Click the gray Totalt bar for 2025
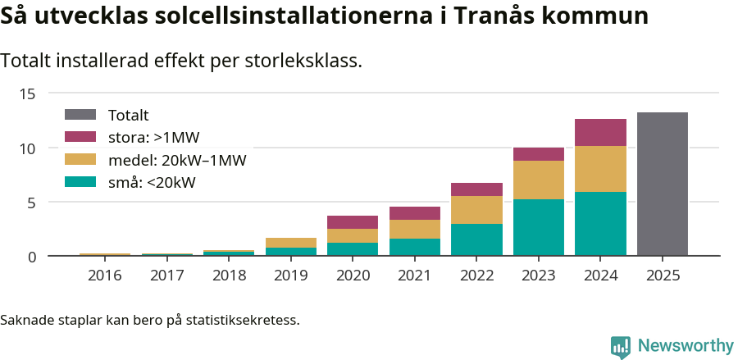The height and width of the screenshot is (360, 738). (x=662, y=185)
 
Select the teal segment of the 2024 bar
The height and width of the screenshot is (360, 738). (x=600, y=224)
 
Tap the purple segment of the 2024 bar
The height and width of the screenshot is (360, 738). (x=600, y=132)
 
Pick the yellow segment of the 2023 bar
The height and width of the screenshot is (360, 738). (x=539, y=180)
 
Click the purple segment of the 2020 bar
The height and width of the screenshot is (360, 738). (x=353, y=222)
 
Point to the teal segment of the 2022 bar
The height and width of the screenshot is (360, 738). (x=476, y=240)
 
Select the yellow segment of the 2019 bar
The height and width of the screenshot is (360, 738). (x=291, y=243)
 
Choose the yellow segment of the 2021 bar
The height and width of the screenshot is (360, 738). (x=415, y=229)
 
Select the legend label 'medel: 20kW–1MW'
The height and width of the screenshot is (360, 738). (x=177, y=160)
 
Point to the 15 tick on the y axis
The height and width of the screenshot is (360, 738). (x=28, y=93)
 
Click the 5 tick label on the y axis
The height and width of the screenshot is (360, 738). (x=32, y=203)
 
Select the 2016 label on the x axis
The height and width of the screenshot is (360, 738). (x=105, y=276)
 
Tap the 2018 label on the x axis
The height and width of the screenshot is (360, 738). (x=229, y=276)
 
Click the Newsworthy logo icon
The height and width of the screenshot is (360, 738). (x=621, y=346)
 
